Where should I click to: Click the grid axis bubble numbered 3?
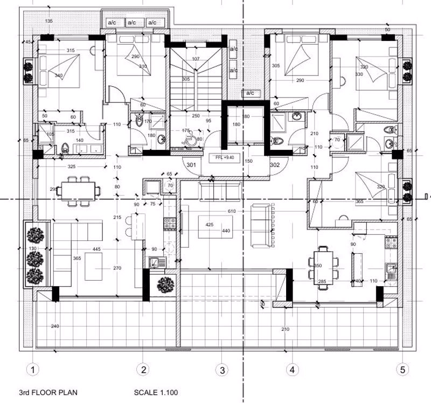pos(221,370)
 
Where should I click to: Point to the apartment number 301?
pos(191,165)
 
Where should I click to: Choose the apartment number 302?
pos(274,164)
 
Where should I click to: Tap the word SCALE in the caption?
pos(145,393)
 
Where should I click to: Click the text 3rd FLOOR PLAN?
pos(47,393)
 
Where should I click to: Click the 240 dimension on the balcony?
pos(54,326)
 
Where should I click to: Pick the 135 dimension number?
pos(50,21)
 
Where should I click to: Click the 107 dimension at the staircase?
pos(196,59)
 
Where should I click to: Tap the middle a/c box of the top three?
pos(133,23)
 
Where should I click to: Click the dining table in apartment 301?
pos(81,190)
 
